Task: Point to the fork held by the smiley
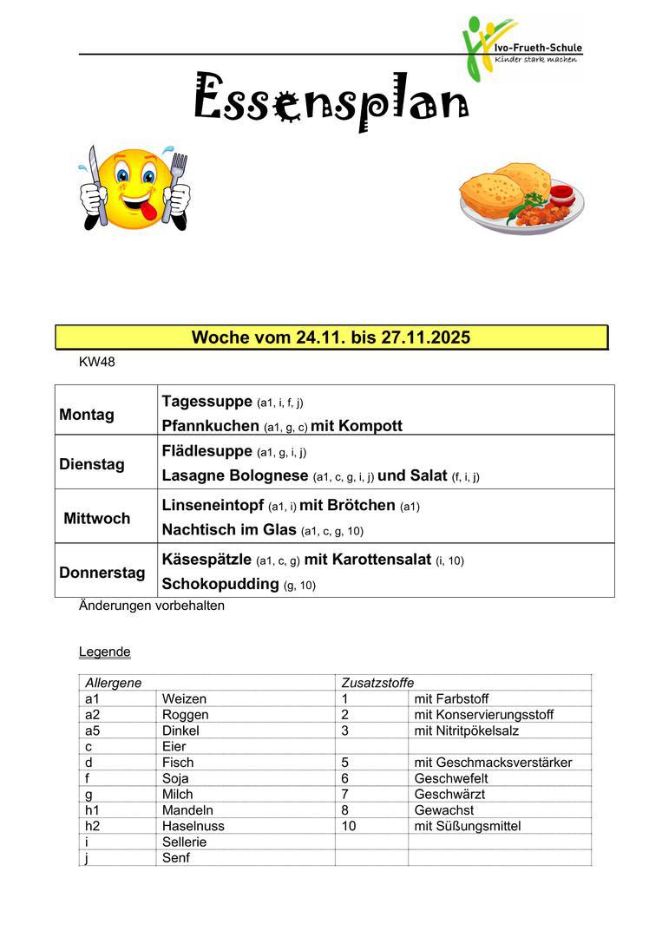[x=179, y=187]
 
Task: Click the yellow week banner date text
[x=331, y=337]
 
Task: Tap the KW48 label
[x=96, y=363]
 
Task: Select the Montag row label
[x=86, y=415]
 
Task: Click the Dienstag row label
[x=91, y=464]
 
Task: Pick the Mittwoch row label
[x=96, y=519]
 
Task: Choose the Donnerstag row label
[x=102, y=573]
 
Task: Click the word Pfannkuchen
[x=210, y=426]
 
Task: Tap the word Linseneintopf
[x=213, y=506]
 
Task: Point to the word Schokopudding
[x=220, y=584]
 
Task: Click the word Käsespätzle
[x=206, y=560]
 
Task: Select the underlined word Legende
[x=104, y=652]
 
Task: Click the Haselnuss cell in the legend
[x=189, y=826]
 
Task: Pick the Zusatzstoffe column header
[x=377, y=683]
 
